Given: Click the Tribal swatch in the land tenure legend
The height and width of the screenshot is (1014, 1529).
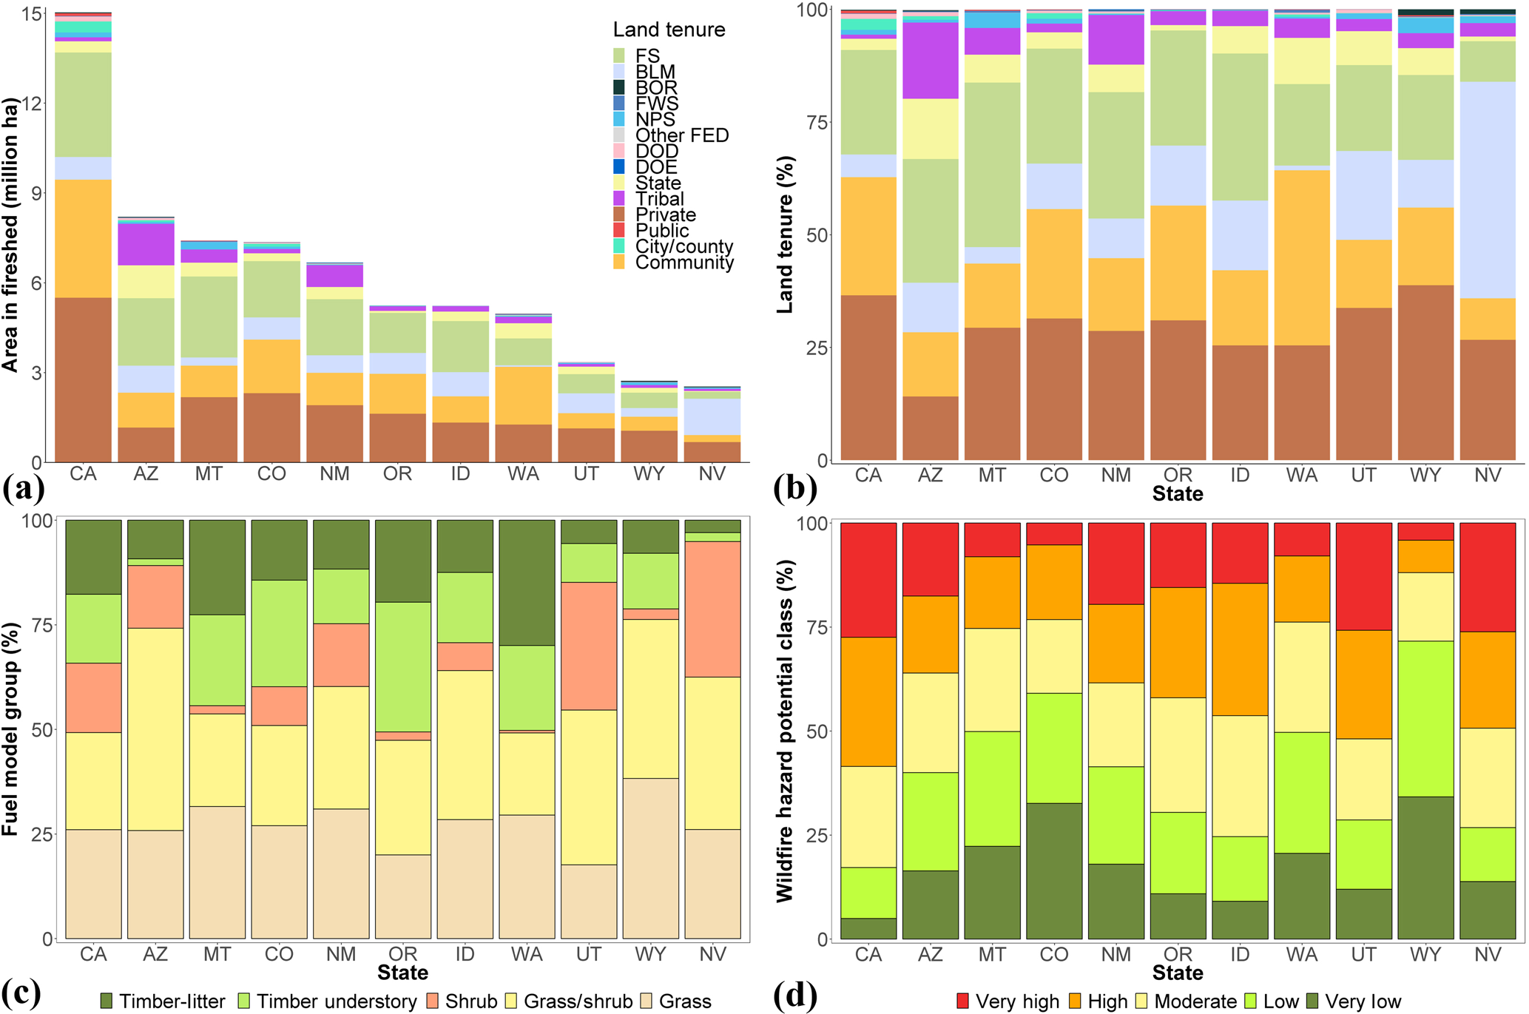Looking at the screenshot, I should (619, 198).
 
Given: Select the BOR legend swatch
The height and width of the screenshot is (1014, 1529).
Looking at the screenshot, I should (619, 87).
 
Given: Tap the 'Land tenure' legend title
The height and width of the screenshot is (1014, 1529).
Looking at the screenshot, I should (669, 30).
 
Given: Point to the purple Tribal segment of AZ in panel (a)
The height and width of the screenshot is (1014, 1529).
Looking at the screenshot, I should (146, 244).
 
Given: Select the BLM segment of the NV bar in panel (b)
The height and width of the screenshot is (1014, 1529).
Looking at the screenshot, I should (1488, 189).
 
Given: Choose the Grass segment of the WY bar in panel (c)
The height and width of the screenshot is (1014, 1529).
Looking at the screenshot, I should (650, 858).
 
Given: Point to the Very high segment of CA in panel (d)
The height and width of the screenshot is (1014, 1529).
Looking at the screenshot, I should (868, 580).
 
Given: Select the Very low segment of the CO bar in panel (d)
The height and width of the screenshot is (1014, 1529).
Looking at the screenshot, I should (1054, 871).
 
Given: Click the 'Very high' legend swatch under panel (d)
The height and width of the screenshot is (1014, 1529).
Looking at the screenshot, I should (963, 1001).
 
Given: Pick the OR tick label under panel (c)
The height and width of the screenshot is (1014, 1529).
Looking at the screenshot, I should (403, 953).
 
